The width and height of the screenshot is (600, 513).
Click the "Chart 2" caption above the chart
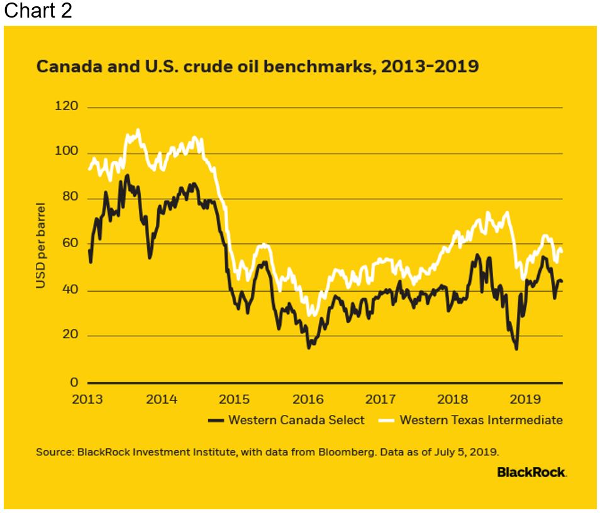(x=38, y=11)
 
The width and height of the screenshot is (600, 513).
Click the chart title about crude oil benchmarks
(x=257, y=67)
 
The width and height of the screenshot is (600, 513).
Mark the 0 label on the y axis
(x=74, y=382)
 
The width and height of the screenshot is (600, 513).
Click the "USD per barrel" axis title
(x=41, y=245)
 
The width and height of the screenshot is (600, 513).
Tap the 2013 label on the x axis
(x=88, y=399)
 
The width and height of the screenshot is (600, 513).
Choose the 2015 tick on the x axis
(x=235, y=399)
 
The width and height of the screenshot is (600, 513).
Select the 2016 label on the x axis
(x=308, y=399)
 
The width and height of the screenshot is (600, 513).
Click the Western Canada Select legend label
(x=296, y=420)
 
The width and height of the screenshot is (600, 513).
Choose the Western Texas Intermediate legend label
(x=481, y=420)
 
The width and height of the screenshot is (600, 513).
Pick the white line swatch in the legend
(x=386, y=420)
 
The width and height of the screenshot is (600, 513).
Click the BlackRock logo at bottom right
(x=531, y=472)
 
